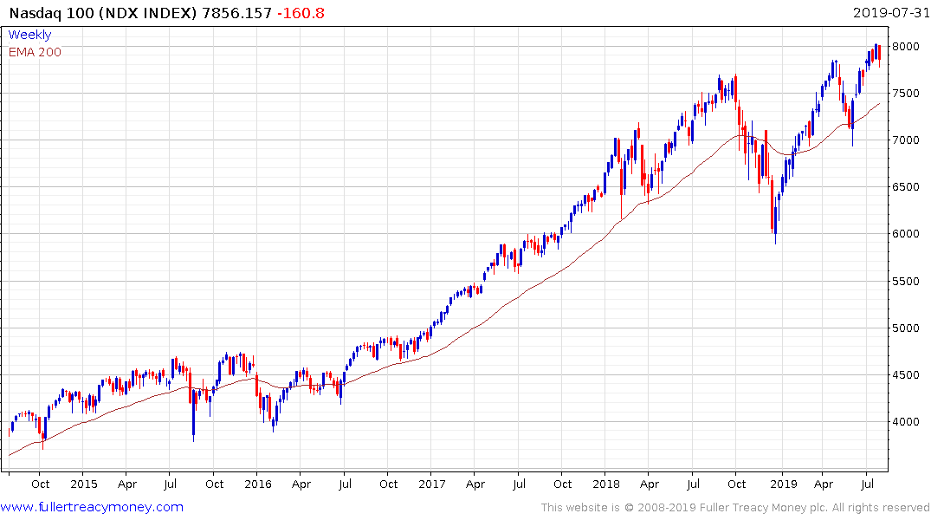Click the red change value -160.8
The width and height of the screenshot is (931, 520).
pos(301,13)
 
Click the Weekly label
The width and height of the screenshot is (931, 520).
pos(29,35)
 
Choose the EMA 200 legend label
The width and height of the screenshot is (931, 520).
pos(35,52)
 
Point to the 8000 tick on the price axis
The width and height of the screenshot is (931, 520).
pos(911,47)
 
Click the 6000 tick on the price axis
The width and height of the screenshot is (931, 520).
pos(911,234)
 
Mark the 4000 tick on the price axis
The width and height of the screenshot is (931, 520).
pos(911,422)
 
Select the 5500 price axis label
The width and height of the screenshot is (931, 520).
pos(911,282)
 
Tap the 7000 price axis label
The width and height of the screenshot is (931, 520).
pos(911,140)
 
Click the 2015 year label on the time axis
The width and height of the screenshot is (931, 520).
pos(83,484)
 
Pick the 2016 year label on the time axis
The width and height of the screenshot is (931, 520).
pos(257,484)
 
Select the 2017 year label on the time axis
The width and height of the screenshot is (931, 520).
pos(432,484)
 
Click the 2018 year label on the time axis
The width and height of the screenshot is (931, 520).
pos(607,484)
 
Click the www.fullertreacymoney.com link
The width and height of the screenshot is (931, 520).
pos(92,507)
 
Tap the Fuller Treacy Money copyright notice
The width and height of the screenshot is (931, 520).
pos(735,507)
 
